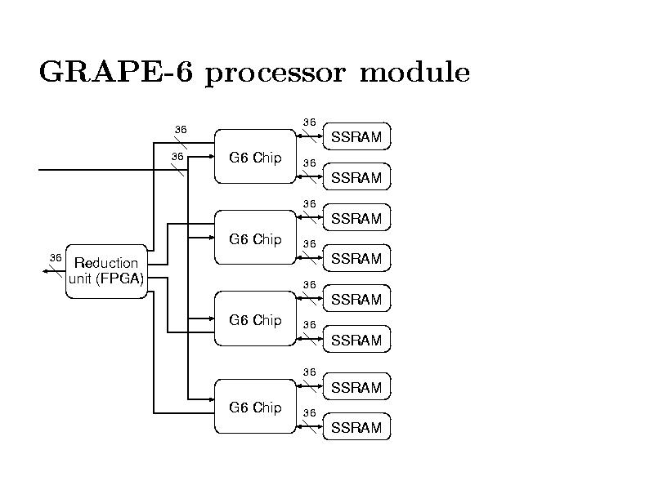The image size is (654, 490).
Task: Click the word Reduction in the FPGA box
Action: click(106, 263)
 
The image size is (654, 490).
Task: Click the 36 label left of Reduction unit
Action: click(56, 258)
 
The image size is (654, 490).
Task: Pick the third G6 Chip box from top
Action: click(255, 319)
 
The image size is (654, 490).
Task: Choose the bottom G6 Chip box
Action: click(255, 407)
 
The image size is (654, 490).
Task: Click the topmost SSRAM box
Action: click(356, 137)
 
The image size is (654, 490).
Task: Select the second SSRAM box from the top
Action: click(356, 177)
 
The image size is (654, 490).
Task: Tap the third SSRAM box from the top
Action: click(356, 218)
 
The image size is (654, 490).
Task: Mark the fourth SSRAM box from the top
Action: click(356, 259)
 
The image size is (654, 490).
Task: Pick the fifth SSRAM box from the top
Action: click(356, 299)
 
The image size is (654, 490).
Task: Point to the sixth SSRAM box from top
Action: click(356, 340)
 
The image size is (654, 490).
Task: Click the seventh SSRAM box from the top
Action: click(356, 387)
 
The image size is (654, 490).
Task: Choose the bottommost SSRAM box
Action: click(356, 427)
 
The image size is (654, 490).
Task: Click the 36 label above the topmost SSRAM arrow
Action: click(309, 122)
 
